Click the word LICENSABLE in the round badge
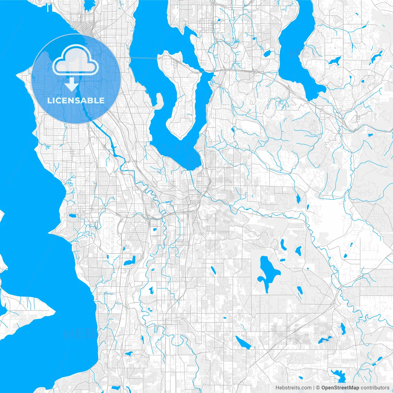[76, 100]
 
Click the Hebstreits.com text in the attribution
[293, 388]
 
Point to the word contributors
[375, 388]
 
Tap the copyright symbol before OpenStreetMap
[318, 388]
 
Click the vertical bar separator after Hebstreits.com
[314, 388]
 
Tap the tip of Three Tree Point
[49, 232]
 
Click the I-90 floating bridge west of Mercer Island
[144, 58]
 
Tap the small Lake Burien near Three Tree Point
[73, 216]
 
